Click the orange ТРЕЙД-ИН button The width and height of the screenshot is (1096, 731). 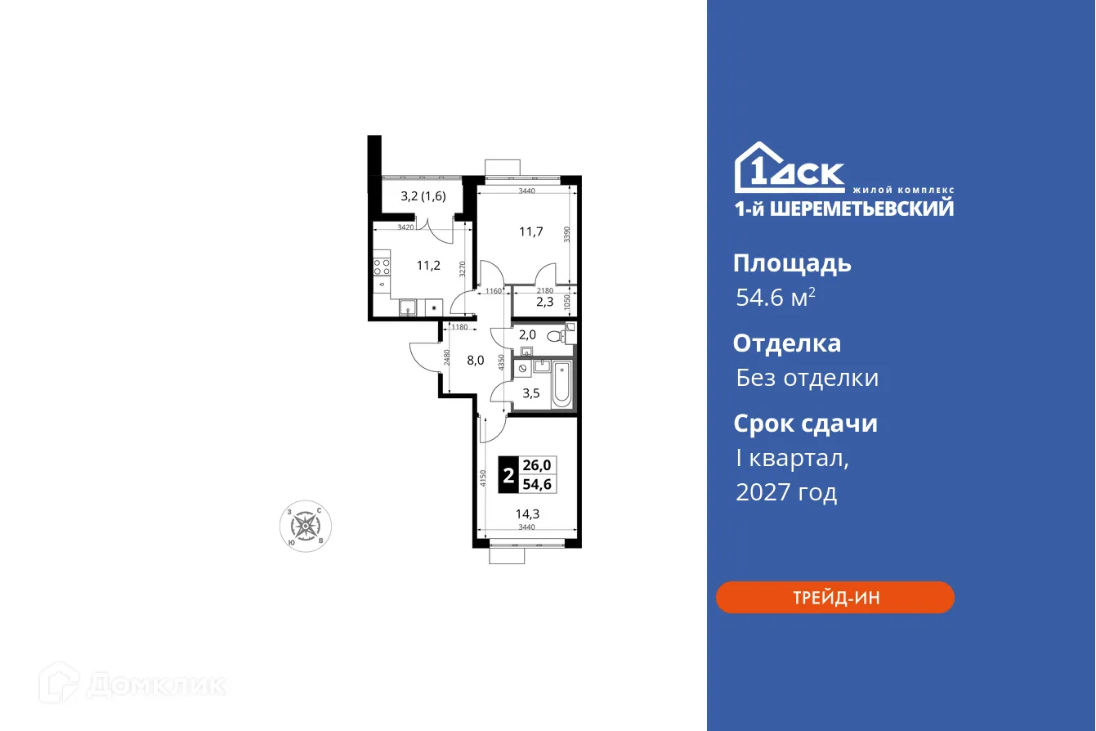coord(835,597)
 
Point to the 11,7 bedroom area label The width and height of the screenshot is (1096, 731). coord(531,231)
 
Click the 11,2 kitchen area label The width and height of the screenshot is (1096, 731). coord(429,265)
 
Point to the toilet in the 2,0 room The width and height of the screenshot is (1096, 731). coord(558,335)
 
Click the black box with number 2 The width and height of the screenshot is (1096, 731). coord(508,475)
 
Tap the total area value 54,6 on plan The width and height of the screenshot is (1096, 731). coord(536,484)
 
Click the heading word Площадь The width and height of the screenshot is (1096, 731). coord(792,263)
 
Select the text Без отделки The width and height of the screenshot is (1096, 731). coord(807,378)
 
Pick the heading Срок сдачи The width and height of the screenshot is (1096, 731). coord(805,424)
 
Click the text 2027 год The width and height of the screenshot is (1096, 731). coord(786,492)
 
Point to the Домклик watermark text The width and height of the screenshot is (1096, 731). coord(155,684)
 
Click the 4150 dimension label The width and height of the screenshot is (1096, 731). coord(483,478)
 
